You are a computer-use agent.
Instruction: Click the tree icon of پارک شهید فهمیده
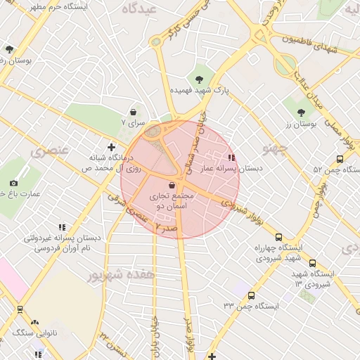click(x=200, y=78)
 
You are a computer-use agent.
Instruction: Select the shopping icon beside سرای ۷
click(x=134, y=111)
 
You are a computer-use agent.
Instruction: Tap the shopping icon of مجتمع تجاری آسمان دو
click(x=173, y=185)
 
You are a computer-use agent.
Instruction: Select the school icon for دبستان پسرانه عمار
click(x=231, y=157)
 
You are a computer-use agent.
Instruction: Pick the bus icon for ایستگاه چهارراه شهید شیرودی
click(x=279, y=237)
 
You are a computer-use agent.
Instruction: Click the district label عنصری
click(x=49, y=150)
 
